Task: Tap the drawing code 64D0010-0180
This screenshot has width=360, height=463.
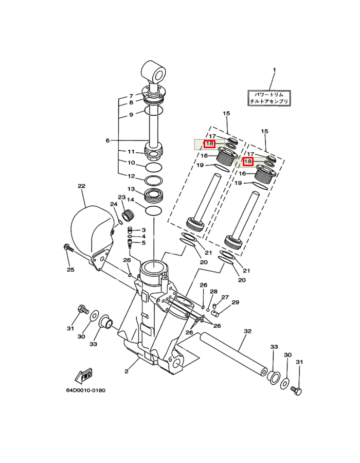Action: tap(85, 390)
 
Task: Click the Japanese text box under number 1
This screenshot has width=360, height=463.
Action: tap(269, 98)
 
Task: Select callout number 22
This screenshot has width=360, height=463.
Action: tap(81, 186)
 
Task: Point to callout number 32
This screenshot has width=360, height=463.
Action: tap(247, 331)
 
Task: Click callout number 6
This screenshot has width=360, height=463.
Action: tap(107, 140)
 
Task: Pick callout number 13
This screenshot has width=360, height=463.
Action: tap(131, 189)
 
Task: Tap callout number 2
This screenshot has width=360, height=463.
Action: tap(127, 371)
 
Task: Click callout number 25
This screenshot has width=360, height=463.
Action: tap(70, 270)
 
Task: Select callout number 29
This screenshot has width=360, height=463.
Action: tap(235, 302)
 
